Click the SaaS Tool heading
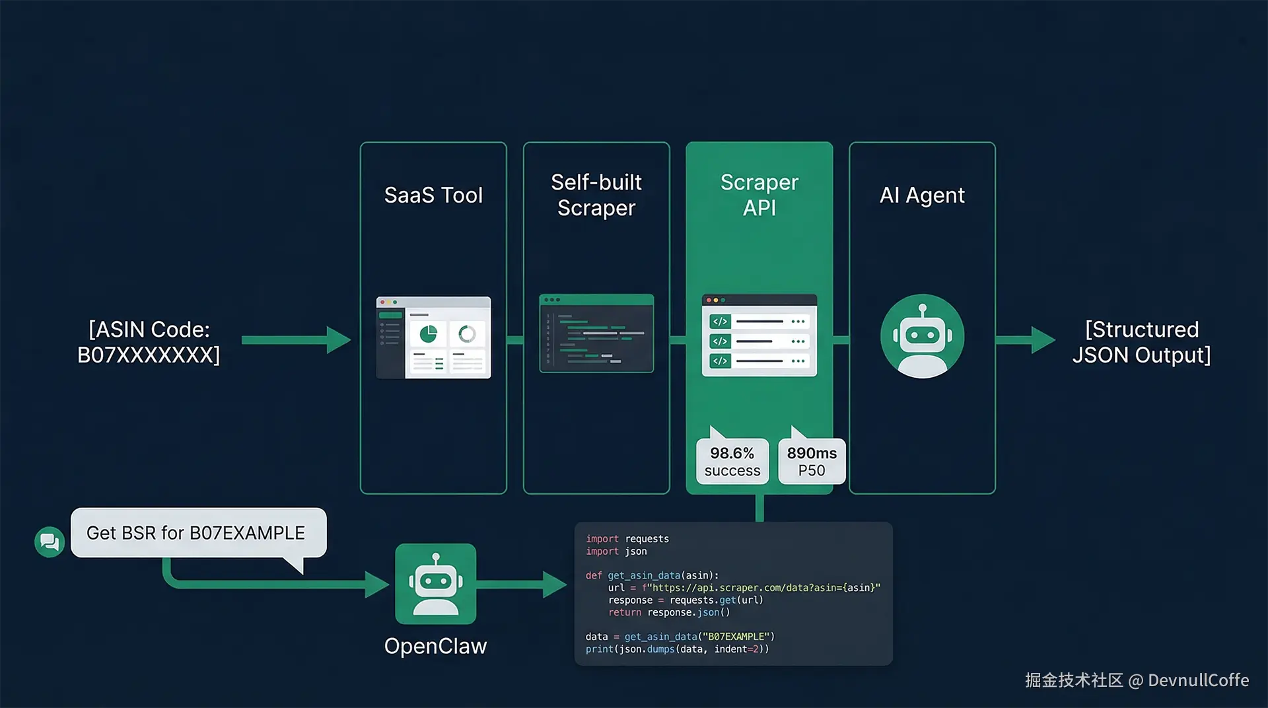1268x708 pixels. tap(433, 195)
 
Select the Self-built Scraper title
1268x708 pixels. tap(596, 195)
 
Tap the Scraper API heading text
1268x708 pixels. tap(759, 195)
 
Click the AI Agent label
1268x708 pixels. tap(922, 195)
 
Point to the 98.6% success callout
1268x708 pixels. tap(732, 462)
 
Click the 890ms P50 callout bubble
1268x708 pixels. tap(812, 462)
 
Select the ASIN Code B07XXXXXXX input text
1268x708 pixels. tap(149, 342)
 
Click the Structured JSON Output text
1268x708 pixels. tap(1141, 342)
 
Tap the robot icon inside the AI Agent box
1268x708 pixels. tap(922, 337)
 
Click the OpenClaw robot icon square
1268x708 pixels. tap(435, 584)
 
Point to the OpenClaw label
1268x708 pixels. tap(435, 646)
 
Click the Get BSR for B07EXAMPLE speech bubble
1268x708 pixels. tap(197, 533)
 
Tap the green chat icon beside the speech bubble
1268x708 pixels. tap(50, 542)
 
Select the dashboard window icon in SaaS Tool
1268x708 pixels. tap(433, 337)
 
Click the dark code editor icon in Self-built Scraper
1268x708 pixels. tap(596, 334)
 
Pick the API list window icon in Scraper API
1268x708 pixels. tap(759, 336)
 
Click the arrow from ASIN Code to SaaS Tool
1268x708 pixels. tap(295, 340)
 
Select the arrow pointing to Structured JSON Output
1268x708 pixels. tap(1025, 340)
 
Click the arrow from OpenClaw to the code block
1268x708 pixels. tap(522, 584)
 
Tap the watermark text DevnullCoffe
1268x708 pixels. tap(1198, 680)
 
